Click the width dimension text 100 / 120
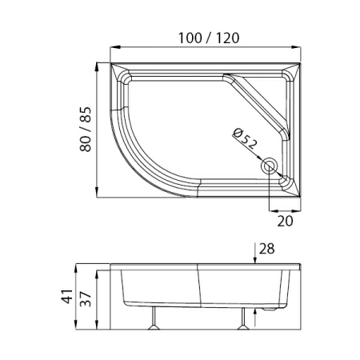[209, 38]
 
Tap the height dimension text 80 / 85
[86, 130]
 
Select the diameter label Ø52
[245, 138]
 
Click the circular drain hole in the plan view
[270, 166]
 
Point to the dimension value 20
[285, 221]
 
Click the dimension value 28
[266, 249]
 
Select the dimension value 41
[67, 296]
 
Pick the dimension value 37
[86, 299]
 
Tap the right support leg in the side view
[243, 318]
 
